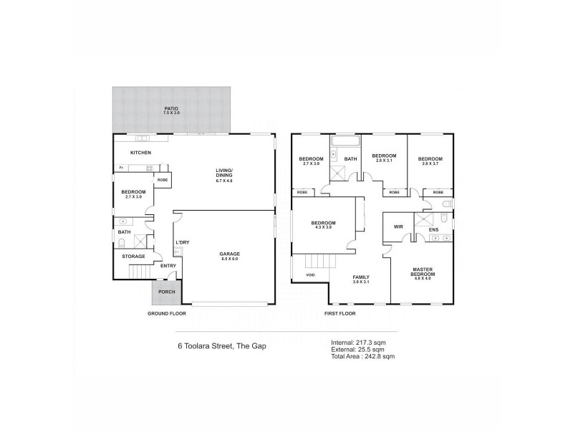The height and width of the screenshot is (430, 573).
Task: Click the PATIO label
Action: coord(170,109)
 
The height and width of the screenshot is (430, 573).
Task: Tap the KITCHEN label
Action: coord(140,153)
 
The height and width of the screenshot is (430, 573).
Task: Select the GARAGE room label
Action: coord(229,254)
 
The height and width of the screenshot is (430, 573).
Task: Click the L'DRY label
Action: coord(182,243)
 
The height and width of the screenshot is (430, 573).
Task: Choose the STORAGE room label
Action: coord(133,256)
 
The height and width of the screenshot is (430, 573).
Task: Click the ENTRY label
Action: coord(168,267)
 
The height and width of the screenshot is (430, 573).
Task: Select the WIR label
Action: coord(398,226)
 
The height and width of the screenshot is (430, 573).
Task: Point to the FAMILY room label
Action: coord(360,277)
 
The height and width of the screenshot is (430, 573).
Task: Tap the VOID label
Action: coord(310,274)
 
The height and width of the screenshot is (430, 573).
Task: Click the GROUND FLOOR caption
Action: coord(167,314)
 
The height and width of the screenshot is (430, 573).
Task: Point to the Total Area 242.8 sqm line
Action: coord(362,356)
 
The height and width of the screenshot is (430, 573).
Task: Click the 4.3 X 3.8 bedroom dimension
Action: coord(323,228)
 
